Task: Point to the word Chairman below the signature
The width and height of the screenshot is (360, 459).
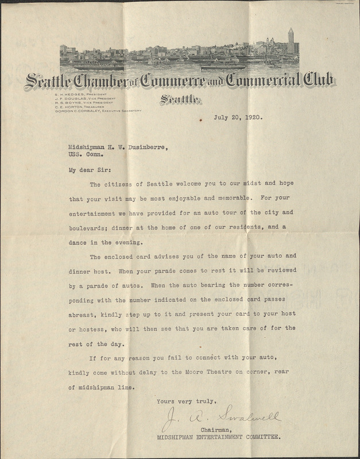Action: [x=215, y=429]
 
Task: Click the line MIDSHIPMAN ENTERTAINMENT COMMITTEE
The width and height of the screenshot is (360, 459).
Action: [x=218, y=437]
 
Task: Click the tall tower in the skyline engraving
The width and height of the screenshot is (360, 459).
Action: [x=291, y=40]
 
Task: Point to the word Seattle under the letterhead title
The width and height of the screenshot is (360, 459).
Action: [x=180, y=101]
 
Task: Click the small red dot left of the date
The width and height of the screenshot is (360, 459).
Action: [x=200, y=120]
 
